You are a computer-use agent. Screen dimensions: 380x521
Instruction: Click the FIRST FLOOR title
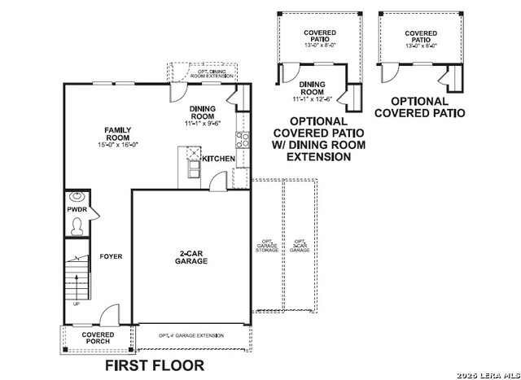[x=155, y=365]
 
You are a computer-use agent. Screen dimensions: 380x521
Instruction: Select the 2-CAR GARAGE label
[x=193, y=257]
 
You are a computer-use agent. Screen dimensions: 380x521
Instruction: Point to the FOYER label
[x=111, y=256]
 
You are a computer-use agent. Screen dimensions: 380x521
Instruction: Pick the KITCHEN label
[x=218, y=159]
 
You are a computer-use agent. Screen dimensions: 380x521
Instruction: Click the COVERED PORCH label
[x=98, y=338]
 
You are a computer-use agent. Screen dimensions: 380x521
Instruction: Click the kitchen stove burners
[x=242, y=139]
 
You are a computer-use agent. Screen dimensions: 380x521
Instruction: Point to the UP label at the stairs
[x=77, y=304]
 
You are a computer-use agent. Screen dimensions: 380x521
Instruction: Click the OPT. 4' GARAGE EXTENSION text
[x=191, y=335]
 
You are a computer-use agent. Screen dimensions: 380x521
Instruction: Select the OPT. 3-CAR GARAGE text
[x=300, y=246]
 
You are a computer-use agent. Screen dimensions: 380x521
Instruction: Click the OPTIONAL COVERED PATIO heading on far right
[x=419, y=107]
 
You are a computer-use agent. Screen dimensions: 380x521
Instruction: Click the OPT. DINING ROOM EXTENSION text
[x=215, y=73]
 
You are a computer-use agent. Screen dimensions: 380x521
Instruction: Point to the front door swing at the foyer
[x=107, y=316]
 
